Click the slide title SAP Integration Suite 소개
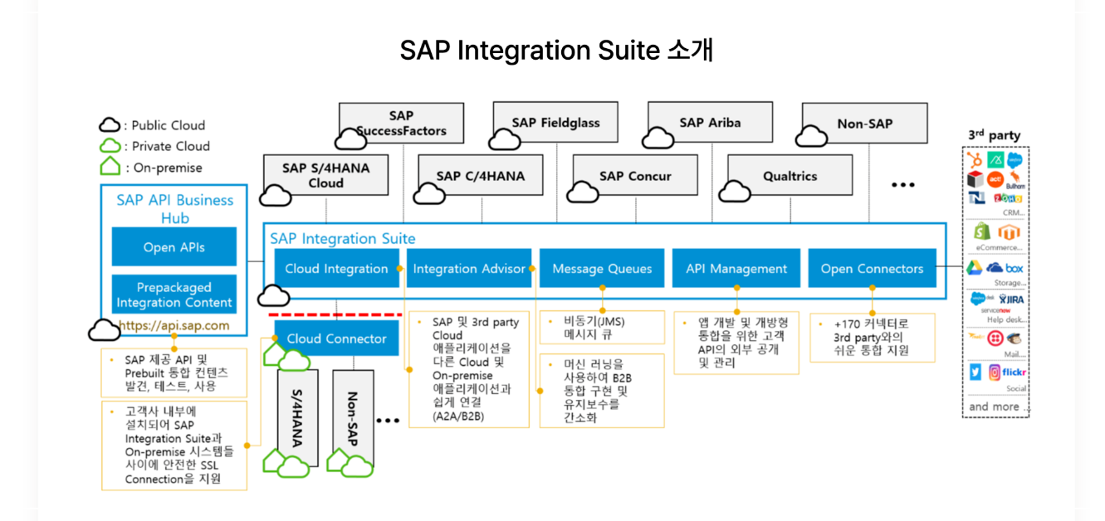pyautogui.click(x=556, y=51)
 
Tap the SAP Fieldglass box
pyautogui.click(x=555, y=123)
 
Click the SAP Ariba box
pyautogui.click(x=710, y=123)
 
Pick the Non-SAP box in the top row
pyautogui.click(x=864, y=124)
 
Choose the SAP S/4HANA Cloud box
pyautogui.click(x=325, y=175)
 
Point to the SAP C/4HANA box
pyautogui.click(x=480, y=176)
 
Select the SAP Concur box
pyautogui.click(x=635, y=176)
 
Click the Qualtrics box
pyautogui.click(x=790, y=176)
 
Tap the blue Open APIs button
pyautogui.click(x=174, y=247)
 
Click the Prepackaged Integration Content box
pyautogui.click(x=174, y=295)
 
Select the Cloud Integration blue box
pyautogui.click(x=336, y=269)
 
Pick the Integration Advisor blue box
pyautogui.click(x=469, y=269)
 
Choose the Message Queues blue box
pyautogui.click(x=602, y=269)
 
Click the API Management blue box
pyautogui.click(x=736, y=269)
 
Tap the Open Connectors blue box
pyautogui.click(x=872, y=269)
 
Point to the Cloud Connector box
pyautogui.click(x=336, y=338)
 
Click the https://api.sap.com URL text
pyautogui.click(x=174, y=325)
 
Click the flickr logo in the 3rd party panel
pyautogui.click(x=1014, y=372)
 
